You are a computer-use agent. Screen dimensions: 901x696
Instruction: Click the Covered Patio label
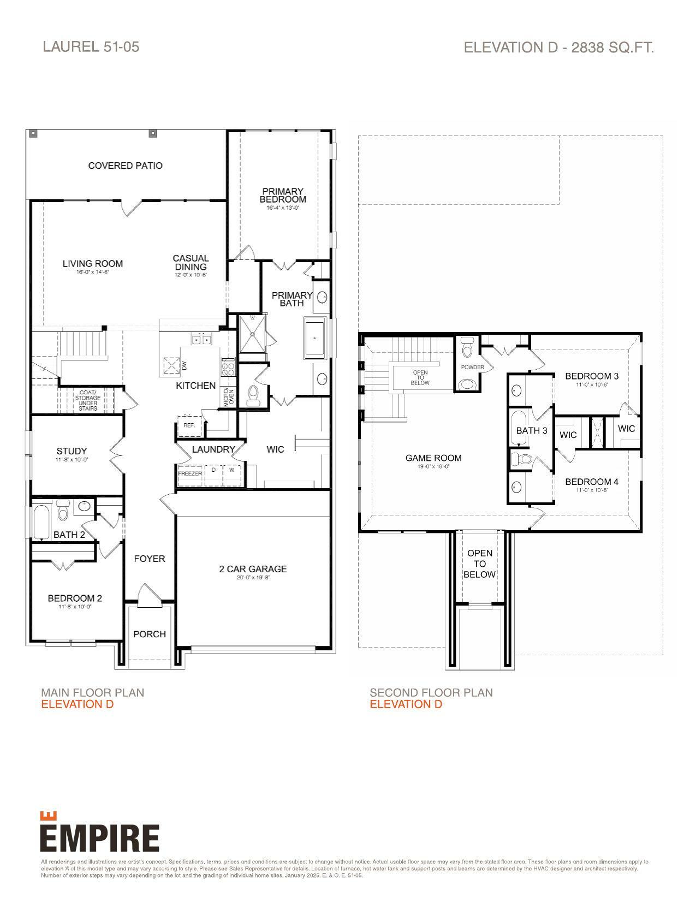125,165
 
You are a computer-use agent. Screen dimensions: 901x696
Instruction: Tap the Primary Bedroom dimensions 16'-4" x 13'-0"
283,208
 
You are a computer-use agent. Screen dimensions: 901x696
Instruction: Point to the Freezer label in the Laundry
190,473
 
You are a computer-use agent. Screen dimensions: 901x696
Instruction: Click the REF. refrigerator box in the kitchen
189,425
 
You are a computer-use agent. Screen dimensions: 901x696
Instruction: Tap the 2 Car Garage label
253,569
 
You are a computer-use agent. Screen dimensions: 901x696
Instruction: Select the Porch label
150,634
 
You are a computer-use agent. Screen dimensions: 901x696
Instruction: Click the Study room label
72,451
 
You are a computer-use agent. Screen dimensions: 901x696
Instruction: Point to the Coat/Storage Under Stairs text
87,400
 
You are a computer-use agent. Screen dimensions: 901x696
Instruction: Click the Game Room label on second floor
433,458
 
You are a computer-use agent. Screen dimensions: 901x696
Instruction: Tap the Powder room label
472,367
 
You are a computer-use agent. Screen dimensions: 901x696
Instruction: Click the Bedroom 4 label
592,482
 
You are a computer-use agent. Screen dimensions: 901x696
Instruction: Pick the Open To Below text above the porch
479,564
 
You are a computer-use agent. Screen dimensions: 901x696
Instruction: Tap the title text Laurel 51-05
91,46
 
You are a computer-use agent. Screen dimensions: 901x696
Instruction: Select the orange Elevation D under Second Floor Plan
406,704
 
